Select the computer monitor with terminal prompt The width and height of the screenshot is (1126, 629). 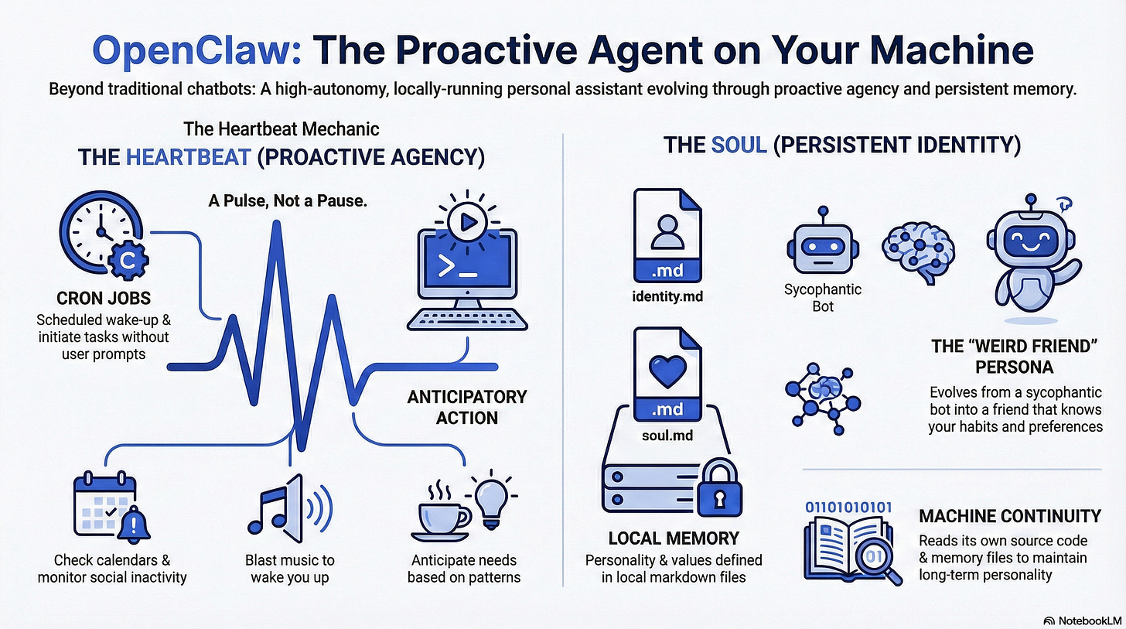tap(462, 264)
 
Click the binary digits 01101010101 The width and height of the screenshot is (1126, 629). tap(848, 507)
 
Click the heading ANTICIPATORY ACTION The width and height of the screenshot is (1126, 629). tap(466, 407)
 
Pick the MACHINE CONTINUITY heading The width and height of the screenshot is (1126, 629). tap(1009, 515)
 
